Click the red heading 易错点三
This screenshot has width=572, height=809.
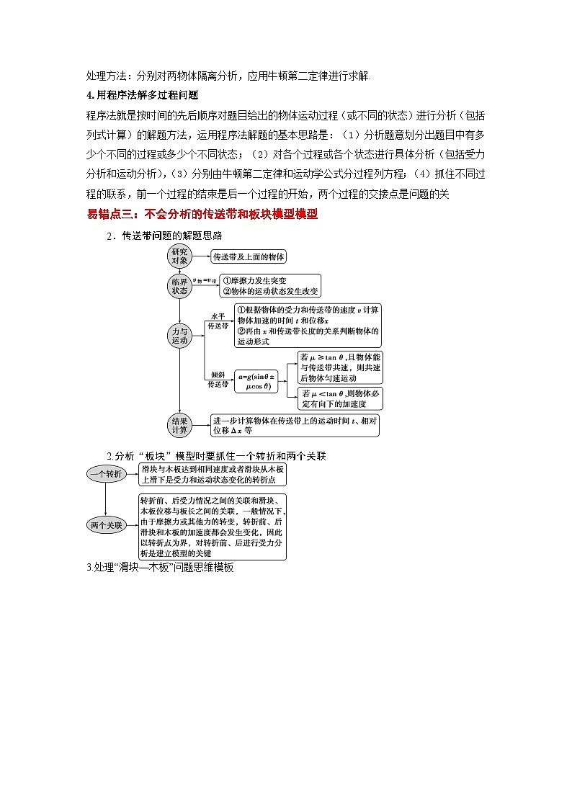coord(202,214)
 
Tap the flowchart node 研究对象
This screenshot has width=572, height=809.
coord(179,256)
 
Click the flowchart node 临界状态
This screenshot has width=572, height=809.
coord(179,286)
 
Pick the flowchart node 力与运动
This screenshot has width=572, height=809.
coord(179,334)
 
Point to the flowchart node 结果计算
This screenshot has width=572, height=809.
coord(179,425)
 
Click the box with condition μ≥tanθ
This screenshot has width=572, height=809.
coord(340,367)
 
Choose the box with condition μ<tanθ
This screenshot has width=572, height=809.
coord(340,398)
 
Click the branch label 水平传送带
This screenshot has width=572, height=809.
coord(217,321)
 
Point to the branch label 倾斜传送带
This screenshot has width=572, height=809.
coord(217,380)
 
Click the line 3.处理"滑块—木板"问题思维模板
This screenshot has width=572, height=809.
coord(159,567)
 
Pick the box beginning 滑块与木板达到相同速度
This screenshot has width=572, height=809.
coord(213,474)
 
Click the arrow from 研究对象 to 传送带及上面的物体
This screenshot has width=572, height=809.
coord(200,256)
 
